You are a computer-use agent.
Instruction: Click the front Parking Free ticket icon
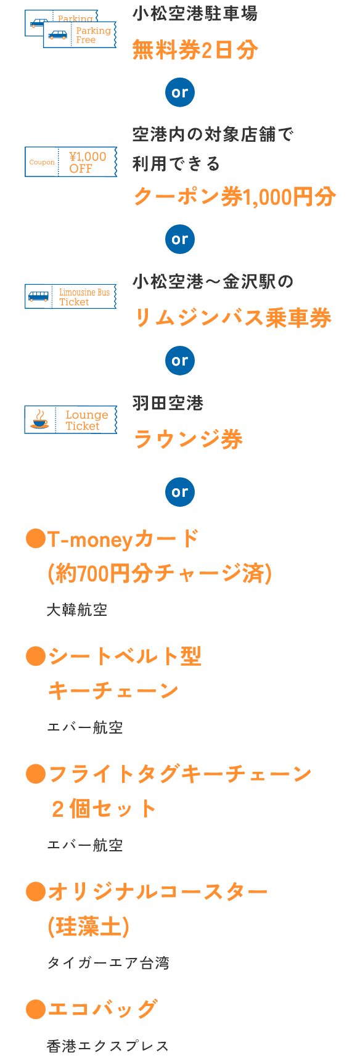pyautogui.click(x=80, y=35)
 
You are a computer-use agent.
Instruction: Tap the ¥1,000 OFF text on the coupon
pyautogui.click(x=88, y=162)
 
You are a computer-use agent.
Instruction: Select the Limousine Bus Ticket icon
pyautogui.click(x=71, y=297)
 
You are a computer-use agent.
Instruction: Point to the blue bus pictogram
pyautogui.click(x=38, y=296)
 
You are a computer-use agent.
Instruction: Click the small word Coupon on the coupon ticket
pyautogui.click(x=42, y=162)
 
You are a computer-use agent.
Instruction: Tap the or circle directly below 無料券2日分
pyautogui.click(x=180, y=92)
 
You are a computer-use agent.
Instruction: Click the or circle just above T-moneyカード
pyautogui.click(x=180, y=492)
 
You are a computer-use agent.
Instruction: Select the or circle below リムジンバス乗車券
pyautogui.click(x=180, y=361)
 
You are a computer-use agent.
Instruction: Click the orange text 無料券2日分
pyautogui.click(x=195, y=49)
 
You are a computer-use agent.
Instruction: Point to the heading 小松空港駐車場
pyautogui.click(x=195, y=14)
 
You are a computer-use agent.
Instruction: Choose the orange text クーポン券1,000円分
pyautogui.click(x=235, y=197)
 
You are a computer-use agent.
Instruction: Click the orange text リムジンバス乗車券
pyautogui.click(x=233, y=317)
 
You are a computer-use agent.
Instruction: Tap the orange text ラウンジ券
pyautogui.click(x=188, y=439)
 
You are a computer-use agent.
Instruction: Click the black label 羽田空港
pyautogui.click(x=168, y=403)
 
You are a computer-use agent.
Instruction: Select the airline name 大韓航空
pyautogui.click(x=77, y=610)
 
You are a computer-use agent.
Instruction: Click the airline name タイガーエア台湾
pyautogui.click(x=108, y=962)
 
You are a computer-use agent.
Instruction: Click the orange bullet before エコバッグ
pyautogui.click(x=36, y=1009)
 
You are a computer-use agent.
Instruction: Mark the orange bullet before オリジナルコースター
pyautogui.click(x=36, y=891)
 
